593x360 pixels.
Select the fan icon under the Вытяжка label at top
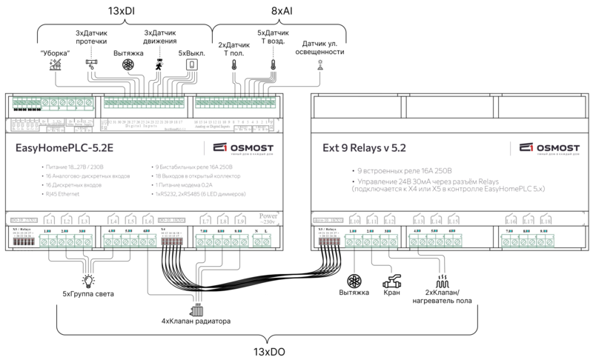click(x=128, y=65)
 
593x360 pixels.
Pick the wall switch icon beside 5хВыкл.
click(x=191, y=65)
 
